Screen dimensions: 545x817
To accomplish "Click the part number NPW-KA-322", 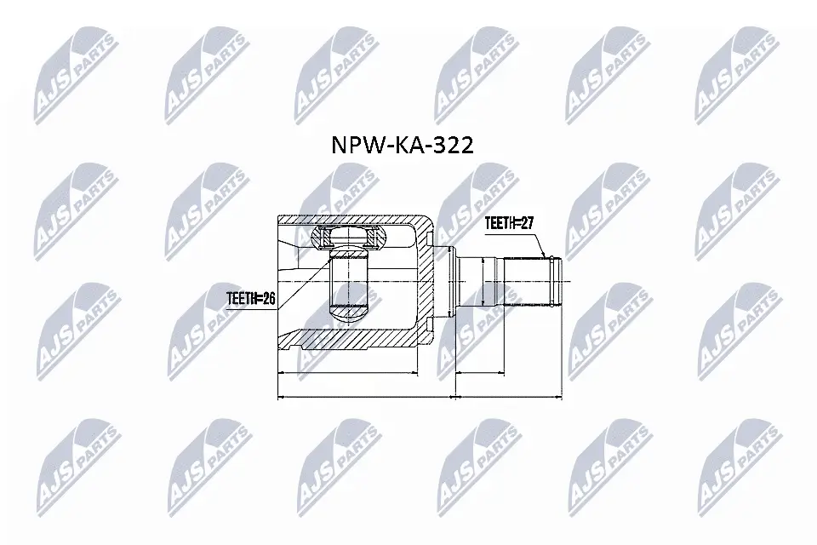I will point(401,146).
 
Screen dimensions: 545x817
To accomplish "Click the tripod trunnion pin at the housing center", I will point(347,281).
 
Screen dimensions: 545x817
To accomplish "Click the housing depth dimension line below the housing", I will point(349,372).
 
